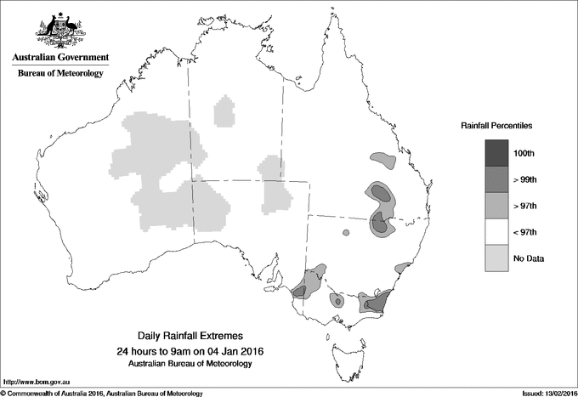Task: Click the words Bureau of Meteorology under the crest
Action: [x=60, y=74]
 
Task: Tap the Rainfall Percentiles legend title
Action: [x=496, y=126]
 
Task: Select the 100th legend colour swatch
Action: [x=497, y=153]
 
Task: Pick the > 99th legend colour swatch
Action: [x=497, y=179]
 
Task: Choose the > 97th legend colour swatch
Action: [x=497, y=206]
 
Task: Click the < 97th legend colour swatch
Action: [x=497, y=232]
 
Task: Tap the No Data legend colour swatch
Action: [x=497, y=258]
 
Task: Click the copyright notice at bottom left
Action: [x=102, y=393]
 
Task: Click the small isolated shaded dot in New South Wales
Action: [x=346, y=232]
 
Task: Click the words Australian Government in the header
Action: [x=60, y=58]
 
